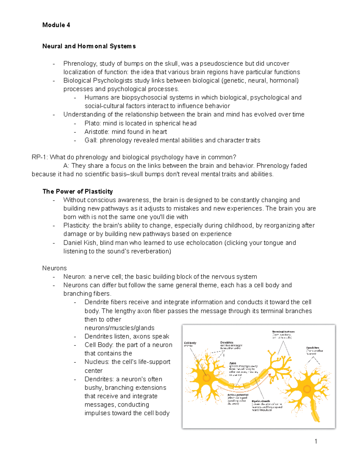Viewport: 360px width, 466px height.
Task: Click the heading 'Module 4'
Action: coord(56,25)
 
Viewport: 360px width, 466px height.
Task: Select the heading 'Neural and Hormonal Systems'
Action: coord(89,46)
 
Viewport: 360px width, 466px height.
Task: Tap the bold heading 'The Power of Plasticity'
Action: coord(77,191)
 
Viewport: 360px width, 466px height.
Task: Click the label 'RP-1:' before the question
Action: coord(40,157)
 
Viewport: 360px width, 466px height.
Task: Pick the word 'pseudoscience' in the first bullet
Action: coord(222,64)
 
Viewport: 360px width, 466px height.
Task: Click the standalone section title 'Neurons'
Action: coord(54,268)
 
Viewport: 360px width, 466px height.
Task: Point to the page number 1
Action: coord(316,441)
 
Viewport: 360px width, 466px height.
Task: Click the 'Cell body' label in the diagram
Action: coord(190,343)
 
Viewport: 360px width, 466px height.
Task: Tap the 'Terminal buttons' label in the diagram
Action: coord(283,332)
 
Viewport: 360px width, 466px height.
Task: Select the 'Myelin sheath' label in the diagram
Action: coord(261,401)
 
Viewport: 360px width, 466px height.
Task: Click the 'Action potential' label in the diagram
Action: coord(238,395)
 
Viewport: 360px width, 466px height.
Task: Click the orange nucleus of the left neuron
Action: coord(206,378)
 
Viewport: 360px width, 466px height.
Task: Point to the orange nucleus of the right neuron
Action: coord(307,389)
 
